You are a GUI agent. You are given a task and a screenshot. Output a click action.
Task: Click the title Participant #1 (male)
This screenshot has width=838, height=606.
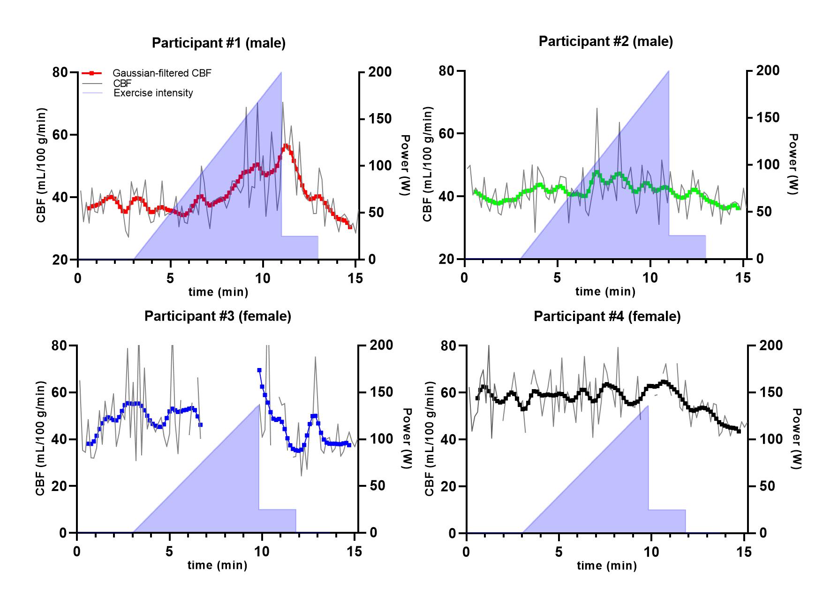click(x=219, y=43)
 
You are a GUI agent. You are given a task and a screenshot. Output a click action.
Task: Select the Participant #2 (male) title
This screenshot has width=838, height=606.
click(x=605, y=41)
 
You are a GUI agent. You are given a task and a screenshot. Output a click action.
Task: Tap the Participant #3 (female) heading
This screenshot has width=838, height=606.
click(x=218, y=316)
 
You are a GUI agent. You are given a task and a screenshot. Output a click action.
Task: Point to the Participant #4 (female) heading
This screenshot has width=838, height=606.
click(x=607, y=316)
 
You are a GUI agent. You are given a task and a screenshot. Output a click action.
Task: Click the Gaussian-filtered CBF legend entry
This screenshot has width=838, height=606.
click(x=162, y=73)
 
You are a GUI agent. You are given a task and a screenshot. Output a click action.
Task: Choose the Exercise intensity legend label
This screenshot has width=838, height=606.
click(x=153, y=93)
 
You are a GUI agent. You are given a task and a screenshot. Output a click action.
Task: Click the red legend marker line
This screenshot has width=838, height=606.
click(x=92, y=73)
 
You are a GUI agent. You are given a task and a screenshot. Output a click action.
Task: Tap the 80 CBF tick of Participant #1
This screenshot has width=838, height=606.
click(x=60, y=72)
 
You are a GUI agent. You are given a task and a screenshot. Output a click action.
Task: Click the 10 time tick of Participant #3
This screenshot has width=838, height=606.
click(x=262, y=551)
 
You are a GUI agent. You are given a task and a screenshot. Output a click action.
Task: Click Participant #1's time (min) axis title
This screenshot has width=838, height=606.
click(x=218, y=292)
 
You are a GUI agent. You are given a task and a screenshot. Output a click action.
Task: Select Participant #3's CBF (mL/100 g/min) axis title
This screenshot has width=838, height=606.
click(x=40, y=438)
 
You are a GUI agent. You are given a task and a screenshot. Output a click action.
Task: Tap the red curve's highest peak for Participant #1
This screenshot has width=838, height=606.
click(x=286, y=146)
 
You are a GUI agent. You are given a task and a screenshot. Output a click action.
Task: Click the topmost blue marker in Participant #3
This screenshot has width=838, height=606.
click(x=259, y=370)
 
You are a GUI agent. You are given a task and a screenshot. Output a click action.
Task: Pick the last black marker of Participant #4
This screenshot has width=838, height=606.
click(x=739, y=431)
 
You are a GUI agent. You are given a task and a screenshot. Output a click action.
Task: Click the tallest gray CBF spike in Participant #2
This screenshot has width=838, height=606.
click(x=597, y=108)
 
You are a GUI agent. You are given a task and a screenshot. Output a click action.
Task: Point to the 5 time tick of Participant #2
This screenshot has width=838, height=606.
click(x=557, y=278)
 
